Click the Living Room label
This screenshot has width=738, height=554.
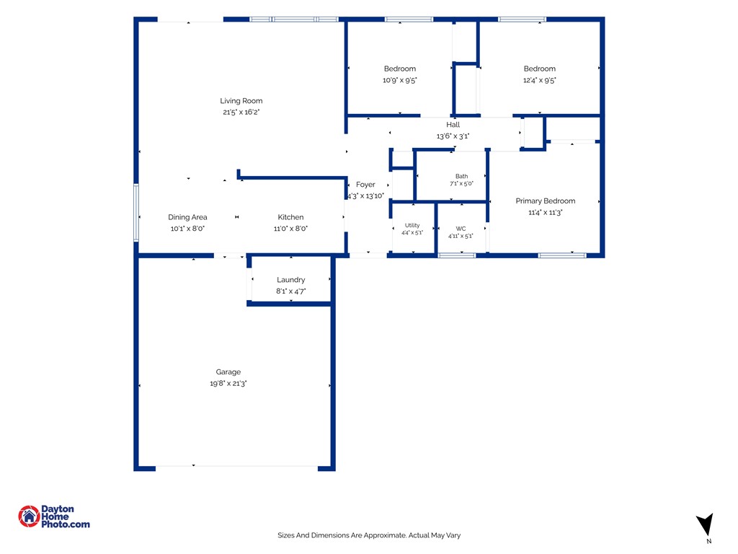click(241, 101)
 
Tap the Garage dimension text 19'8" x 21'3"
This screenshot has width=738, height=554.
click(228, 384)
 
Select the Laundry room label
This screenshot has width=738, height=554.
click(291, 280)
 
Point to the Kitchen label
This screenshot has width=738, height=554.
click(290, 217)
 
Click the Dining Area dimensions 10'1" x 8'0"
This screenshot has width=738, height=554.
click(187, 229)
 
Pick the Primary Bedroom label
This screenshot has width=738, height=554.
click(546, 201)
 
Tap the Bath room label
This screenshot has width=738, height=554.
click(462, 176)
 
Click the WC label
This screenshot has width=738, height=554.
click(461, 229)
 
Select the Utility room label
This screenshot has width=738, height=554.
click(412, 225)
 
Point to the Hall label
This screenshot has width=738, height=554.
click(453, 125)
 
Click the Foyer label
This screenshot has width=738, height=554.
click(365, 185)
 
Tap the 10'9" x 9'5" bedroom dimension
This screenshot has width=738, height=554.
click(399, 81)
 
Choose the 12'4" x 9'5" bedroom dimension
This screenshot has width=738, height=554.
click(539, 81)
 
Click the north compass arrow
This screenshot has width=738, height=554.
click(706, 524)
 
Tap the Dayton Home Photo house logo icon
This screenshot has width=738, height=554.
click(29, 516)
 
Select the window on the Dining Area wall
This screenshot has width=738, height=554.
click(136, 213)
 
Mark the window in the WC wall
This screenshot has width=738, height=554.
click(457, 255)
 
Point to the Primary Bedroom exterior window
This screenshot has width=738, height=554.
click(562, 255)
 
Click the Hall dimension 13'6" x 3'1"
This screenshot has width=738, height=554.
click(453, 136)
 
